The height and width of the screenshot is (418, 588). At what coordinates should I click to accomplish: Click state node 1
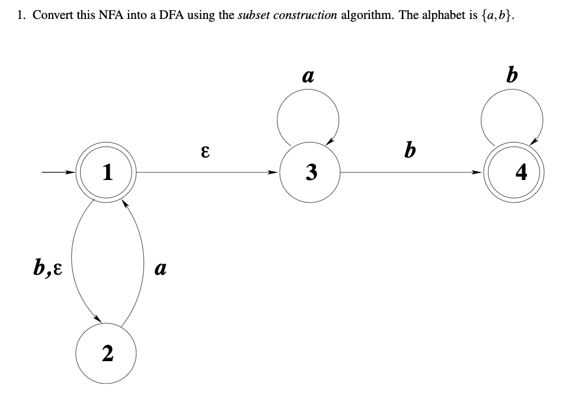pos(107,172)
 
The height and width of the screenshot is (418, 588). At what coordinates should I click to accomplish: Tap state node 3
pos(309,172)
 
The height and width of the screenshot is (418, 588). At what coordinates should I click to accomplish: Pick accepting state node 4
pos(513,173)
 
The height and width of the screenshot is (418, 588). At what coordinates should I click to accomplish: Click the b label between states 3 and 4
pos(409,150)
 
